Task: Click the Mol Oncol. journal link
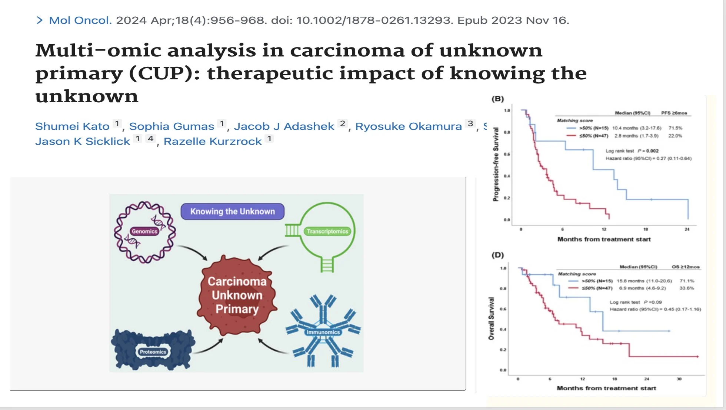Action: [80, 20]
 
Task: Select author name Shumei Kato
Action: [72, 126]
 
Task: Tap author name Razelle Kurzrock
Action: [213, 142]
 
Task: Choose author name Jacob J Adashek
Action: [284, 126]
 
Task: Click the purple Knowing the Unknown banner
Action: [232, 211]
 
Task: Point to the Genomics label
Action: [144, 231]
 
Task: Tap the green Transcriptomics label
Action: [327, 231]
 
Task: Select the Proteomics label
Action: [153, 352]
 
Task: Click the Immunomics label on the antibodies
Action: [323, 332]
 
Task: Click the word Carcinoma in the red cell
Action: [237, 281]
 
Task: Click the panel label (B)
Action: [497, 99]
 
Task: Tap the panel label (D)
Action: [497, 255]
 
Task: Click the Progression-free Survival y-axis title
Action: [496, 164]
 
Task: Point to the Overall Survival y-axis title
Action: [491, 318]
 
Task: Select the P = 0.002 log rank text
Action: [648, 151]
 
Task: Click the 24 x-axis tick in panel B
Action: [687, 229]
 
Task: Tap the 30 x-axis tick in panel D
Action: [679, 379]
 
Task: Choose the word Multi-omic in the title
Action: [98, 50]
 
